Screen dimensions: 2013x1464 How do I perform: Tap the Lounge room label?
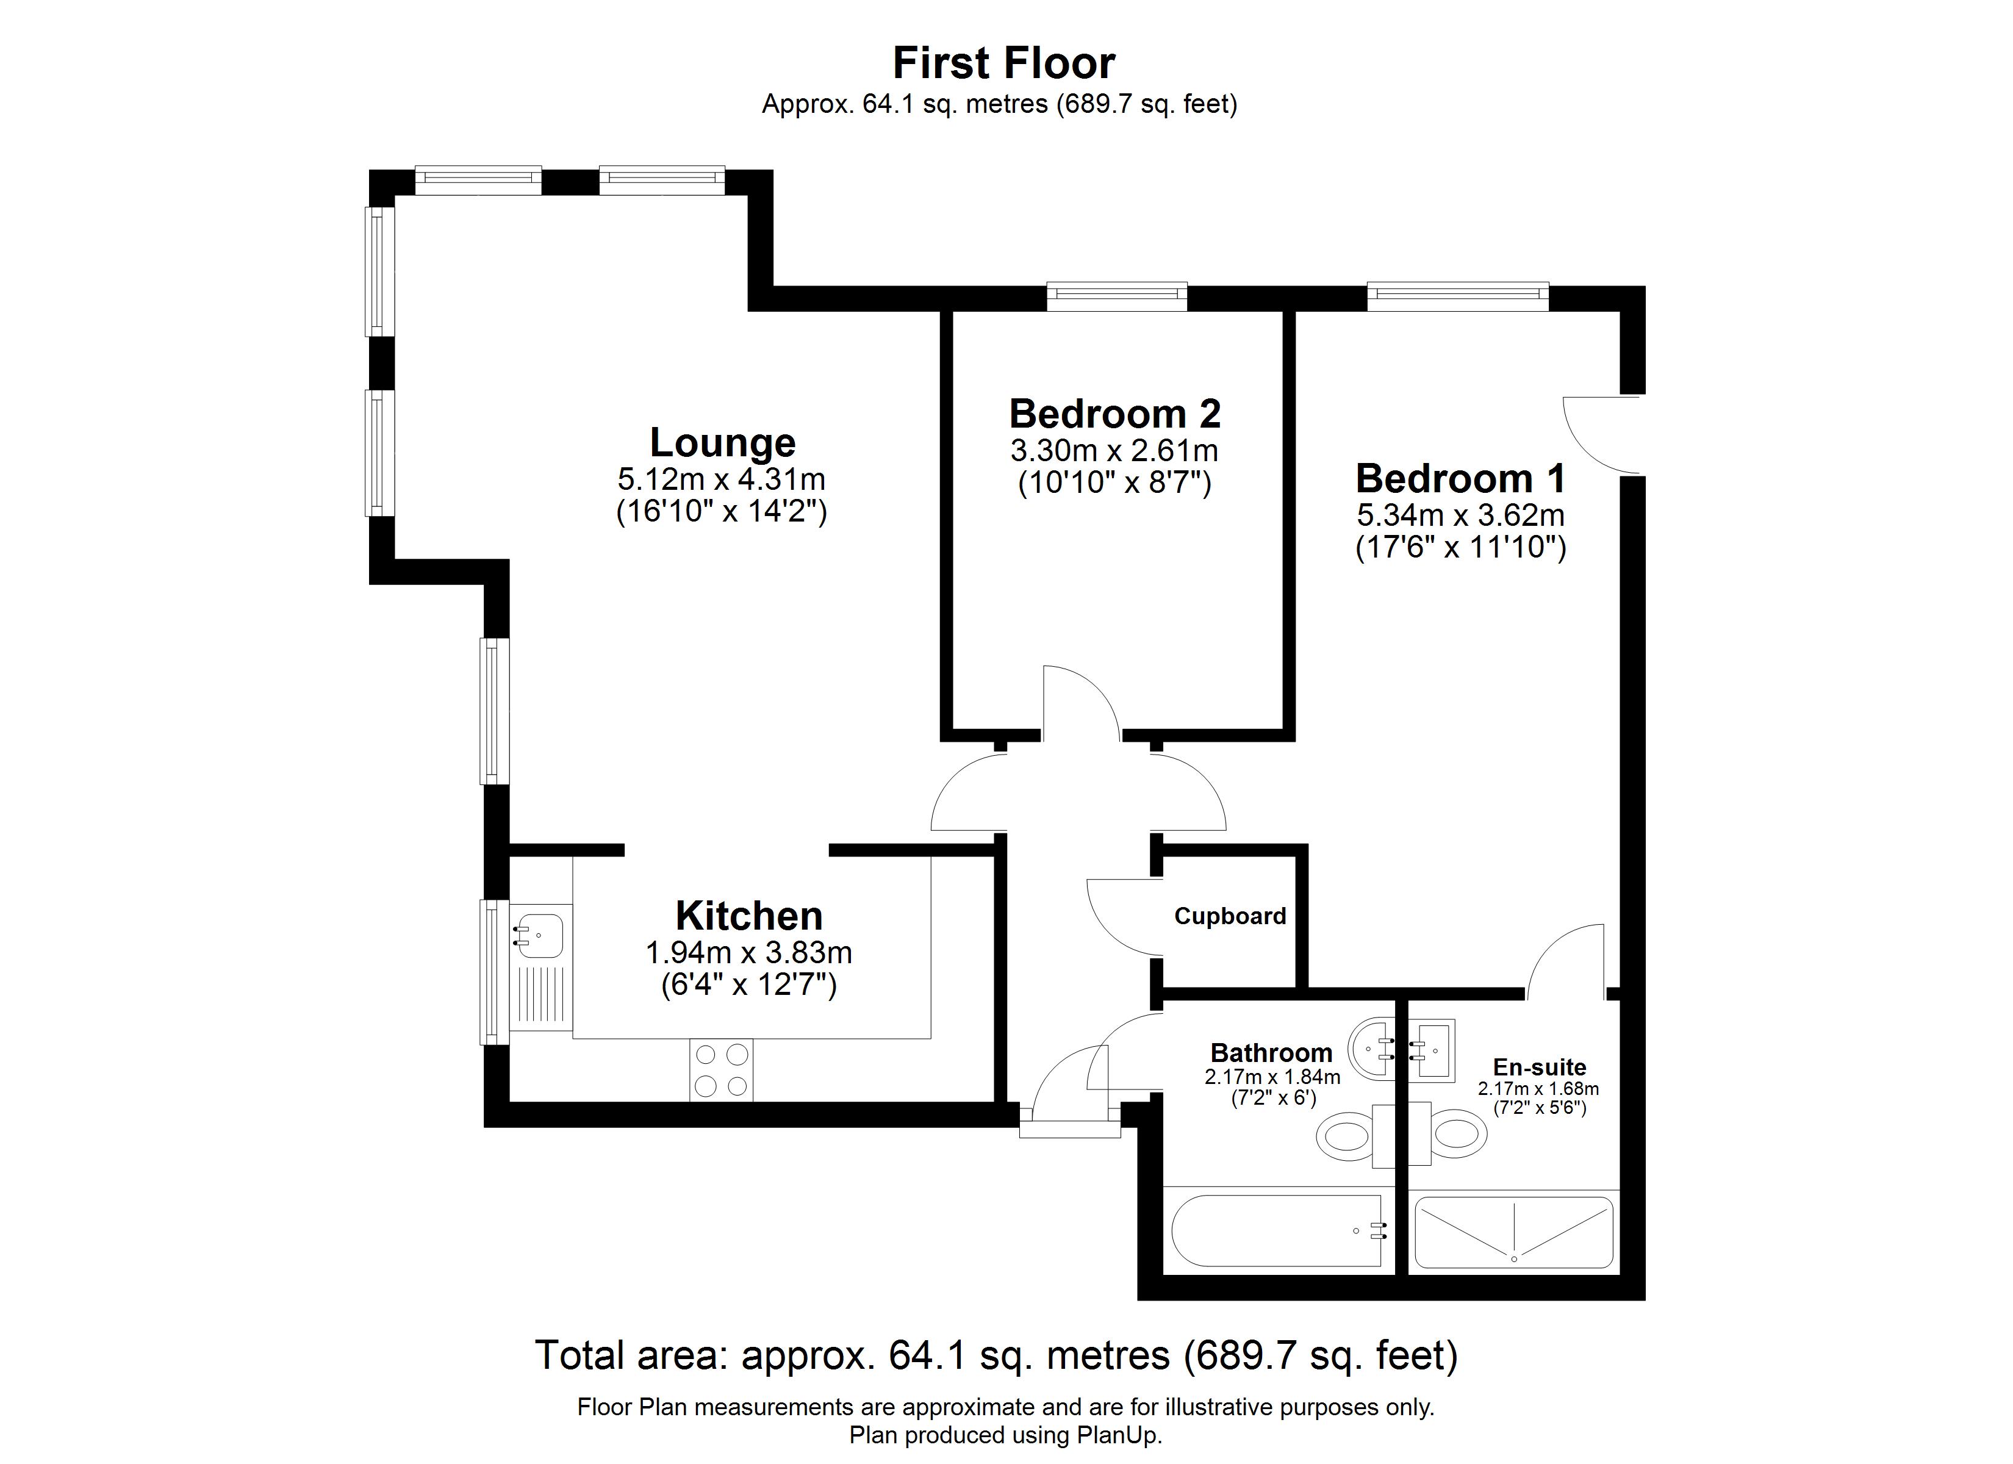point(722,442)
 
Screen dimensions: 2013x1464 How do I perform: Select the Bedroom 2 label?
point(1115,414)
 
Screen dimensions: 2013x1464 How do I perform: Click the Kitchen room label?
point(749,916)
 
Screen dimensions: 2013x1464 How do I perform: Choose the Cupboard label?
point(1230,916)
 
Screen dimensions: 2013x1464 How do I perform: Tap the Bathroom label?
point(1271,1053)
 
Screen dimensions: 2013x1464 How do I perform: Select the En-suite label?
point(1539,1067)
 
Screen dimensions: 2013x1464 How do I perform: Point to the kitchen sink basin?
point(540,936)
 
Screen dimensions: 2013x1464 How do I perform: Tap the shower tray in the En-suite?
point(1513,1232)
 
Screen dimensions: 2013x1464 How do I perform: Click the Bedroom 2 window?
point(1116,296)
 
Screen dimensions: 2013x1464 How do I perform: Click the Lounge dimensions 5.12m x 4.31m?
point(722,479)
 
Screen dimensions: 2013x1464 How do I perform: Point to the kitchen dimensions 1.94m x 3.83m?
point(748,953)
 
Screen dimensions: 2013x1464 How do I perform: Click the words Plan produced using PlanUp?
point(1006,1435)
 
